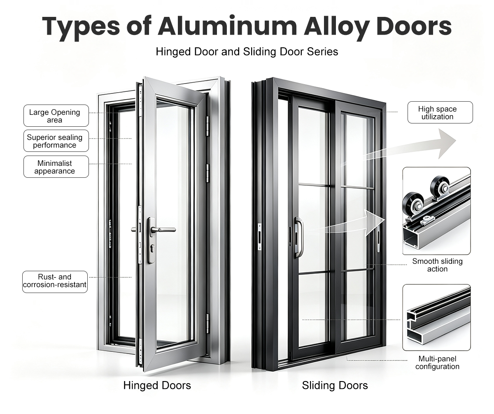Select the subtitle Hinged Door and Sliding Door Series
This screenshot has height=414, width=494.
click(247, 51)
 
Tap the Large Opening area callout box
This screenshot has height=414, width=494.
click(56, 116)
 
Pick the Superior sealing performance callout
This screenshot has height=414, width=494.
click(56, 141)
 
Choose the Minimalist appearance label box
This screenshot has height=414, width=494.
click(56, 167)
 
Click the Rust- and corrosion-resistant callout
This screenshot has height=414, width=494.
click(55, 282)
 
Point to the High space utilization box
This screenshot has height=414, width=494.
click(440, 112)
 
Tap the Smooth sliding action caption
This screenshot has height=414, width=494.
click(437, 265)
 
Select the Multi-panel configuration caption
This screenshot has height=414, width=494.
click(437, 363)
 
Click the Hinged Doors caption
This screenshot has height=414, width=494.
click(157, 385)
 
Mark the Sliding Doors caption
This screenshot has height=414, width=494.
click(335, 385)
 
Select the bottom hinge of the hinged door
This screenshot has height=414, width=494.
click(208, 323)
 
